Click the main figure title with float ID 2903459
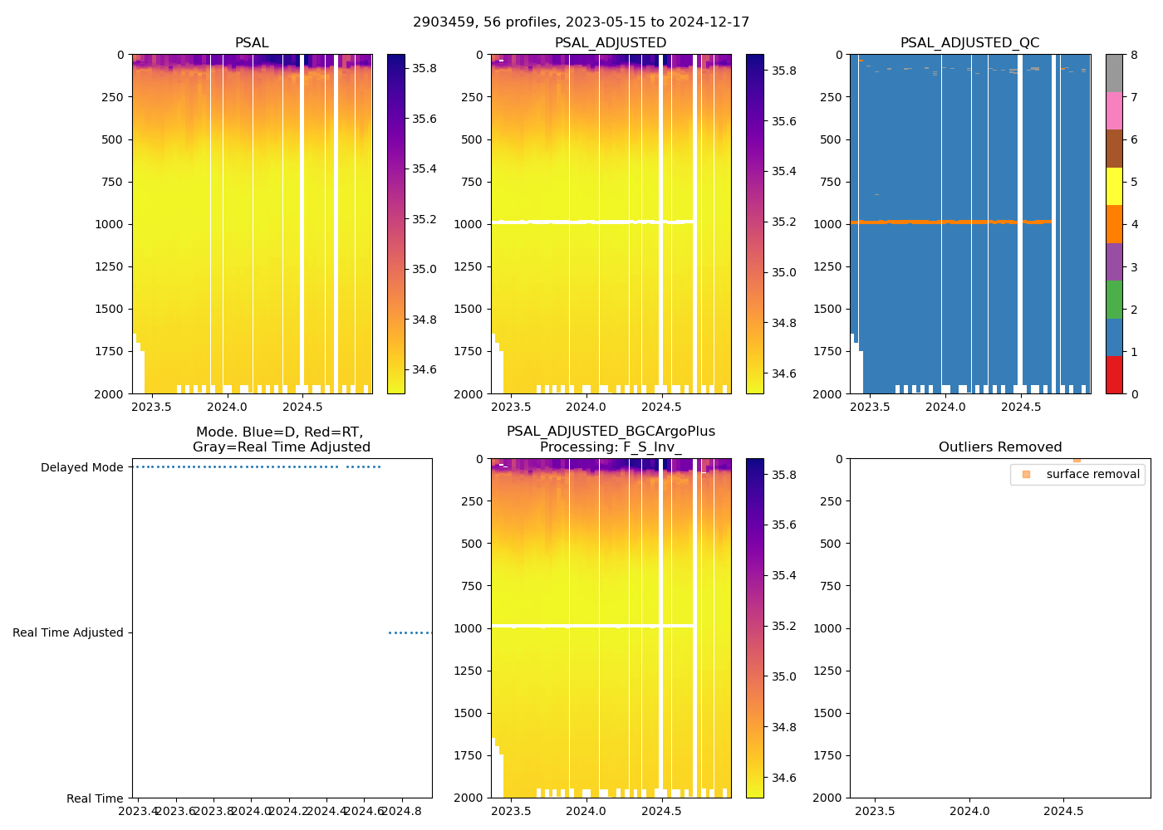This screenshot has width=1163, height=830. (x=581, y=22)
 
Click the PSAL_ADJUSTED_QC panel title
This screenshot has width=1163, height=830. (x=969, y=43)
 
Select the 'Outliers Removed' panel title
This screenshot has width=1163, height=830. (x=999, y=447)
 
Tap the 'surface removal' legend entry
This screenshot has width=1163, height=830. (x=1092, y=475)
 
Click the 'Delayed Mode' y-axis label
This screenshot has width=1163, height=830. (x=81, y=468)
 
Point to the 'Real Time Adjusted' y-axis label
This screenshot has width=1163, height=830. (x=68, y=633)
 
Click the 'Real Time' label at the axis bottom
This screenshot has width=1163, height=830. (x=95, y=798)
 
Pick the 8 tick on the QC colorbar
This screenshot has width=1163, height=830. (x=1134, y=56)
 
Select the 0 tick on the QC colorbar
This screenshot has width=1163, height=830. (x=1134, y=394)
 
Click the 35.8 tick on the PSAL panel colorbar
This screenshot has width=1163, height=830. (x=424, y=68)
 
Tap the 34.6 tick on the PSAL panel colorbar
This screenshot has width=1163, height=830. (x=424, y=369)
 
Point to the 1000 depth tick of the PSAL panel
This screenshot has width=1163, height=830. (x=110, y=224)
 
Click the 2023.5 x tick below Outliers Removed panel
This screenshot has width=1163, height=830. (x=875, y=811)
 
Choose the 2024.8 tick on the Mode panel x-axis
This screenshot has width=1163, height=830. (x=403, y=811)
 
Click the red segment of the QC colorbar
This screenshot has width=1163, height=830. (x=1114, y=374)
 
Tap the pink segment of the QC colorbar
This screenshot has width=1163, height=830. (x=1114, y=110)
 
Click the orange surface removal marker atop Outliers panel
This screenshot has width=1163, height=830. (x=1077, y=459)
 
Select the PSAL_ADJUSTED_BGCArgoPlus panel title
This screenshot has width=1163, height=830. (x=611, y=439)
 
